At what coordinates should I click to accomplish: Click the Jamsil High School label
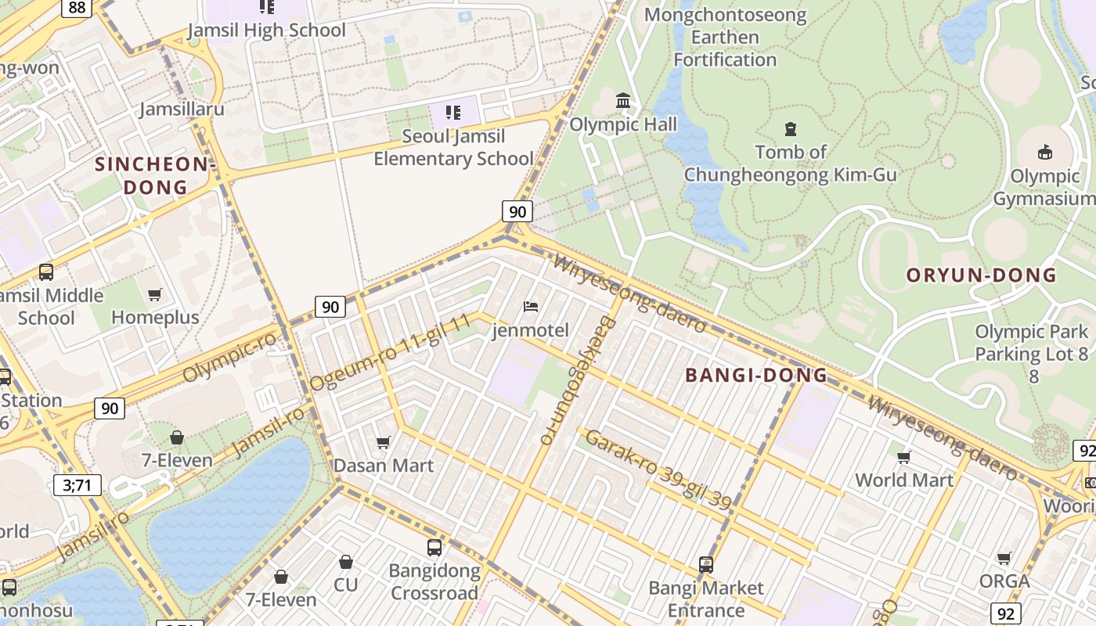click(266, 30)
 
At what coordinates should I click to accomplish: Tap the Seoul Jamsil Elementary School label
click(453, 147)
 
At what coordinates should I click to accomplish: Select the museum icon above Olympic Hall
click(623, 101)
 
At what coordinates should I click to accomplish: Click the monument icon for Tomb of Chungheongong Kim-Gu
click(790, 129)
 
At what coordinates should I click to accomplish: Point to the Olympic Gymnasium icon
click(1044, 152)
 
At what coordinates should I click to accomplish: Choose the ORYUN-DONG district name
click(981, 275)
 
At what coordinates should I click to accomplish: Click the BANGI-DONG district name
click(756, 376)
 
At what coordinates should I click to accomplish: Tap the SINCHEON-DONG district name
click(154, 176)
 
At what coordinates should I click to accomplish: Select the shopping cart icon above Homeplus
click(155, 295)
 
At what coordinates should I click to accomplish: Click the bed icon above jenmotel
click(531, 307)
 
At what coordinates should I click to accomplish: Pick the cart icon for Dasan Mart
click(384, 443)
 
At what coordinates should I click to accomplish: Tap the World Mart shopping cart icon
click(904, 457)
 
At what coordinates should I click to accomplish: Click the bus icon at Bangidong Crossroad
click(434, 548)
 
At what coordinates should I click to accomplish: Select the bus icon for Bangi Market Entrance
click(706, 565)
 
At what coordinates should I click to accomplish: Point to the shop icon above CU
click(345, 562)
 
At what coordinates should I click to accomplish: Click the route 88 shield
click(77, 7)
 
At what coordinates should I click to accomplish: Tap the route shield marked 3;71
click(78, 485)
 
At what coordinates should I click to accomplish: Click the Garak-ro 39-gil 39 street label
click(658, 469)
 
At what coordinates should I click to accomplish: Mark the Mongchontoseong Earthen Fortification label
click(725, 37)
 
